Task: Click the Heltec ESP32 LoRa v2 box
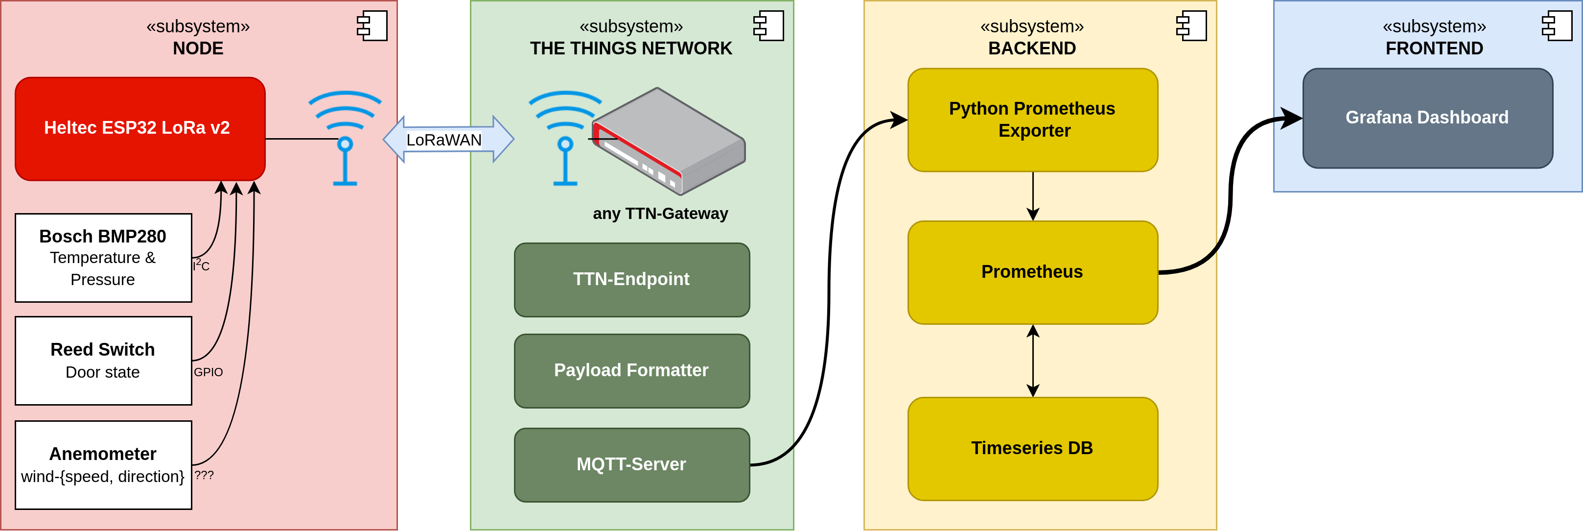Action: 140,128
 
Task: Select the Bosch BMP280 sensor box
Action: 103,258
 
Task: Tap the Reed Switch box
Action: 103,361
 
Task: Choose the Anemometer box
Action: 103,465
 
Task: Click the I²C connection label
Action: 202,265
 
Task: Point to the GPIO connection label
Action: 209,372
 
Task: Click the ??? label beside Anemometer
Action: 204,475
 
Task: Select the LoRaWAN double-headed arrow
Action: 448,140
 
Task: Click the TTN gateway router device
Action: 669,141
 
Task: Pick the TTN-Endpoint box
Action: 632,280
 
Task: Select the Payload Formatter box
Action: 632,371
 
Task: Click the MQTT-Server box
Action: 632,465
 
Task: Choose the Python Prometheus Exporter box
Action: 1033,120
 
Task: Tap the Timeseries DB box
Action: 1033,449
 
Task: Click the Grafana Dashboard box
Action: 1427,118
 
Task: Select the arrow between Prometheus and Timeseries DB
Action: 1033,361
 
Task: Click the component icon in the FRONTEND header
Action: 1557,26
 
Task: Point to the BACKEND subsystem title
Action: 1032,48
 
